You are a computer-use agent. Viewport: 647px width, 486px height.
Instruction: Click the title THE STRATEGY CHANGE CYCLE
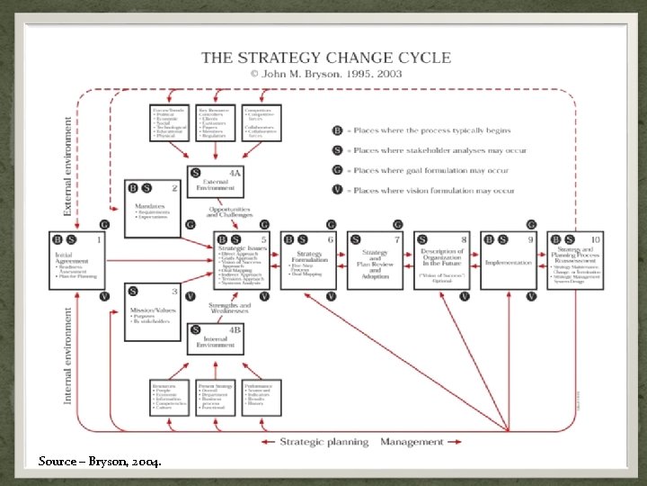point(325,58)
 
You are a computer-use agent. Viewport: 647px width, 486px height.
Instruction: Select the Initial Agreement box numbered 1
point(76,260)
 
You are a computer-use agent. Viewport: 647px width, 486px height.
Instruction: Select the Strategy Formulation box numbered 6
point(309,260)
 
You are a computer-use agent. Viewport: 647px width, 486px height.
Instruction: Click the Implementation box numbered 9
point(509,260)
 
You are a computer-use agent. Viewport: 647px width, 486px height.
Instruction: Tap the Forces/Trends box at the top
point(170,122)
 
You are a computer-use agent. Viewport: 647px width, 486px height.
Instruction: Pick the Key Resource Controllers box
point(216,122)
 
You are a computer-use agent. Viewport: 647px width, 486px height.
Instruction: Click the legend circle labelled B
point(338,130)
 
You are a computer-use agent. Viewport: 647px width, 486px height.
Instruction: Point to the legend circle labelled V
point(338,190)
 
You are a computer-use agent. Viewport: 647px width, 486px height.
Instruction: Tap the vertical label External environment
point(67,166)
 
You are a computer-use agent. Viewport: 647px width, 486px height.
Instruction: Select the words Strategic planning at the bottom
point(323,442)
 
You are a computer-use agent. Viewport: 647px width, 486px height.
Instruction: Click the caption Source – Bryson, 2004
point(100,462)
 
